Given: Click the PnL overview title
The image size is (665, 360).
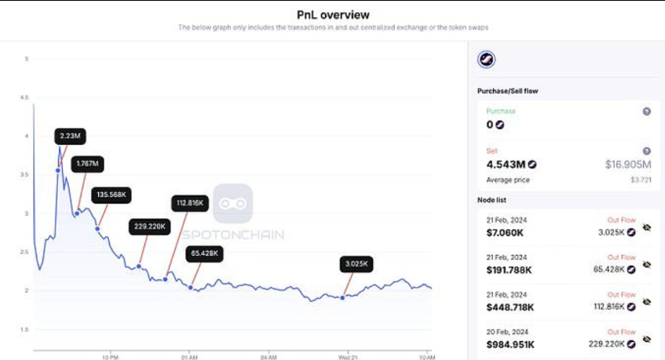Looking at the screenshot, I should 333,15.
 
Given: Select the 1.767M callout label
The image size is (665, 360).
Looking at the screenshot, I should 86,164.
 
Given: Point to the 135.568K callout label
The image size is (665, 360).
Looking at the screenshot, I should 110,195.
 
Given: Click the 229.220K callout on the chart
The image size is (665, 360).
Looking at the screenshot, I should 149,227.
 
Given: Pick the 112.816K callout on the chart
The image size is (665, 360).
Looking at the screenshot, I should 191,203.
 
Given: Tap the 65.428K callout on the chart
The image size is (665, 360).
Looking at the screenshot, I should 203,253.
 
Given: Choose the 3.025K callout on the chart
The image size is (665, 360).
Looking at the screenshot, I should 356,264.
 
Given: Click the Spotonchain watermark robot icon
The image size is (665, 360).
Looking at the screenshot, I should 232,204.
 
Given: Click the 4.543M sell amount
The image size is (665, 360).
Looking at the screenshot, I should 506,164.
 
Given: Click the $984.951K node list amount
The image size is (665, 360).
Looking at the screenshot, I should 510,344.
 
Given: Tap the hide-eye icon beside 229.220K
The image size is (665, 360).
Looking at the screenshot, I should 647,339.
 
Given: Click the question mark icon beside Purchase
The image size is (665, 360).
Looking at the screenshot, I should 646,111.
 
